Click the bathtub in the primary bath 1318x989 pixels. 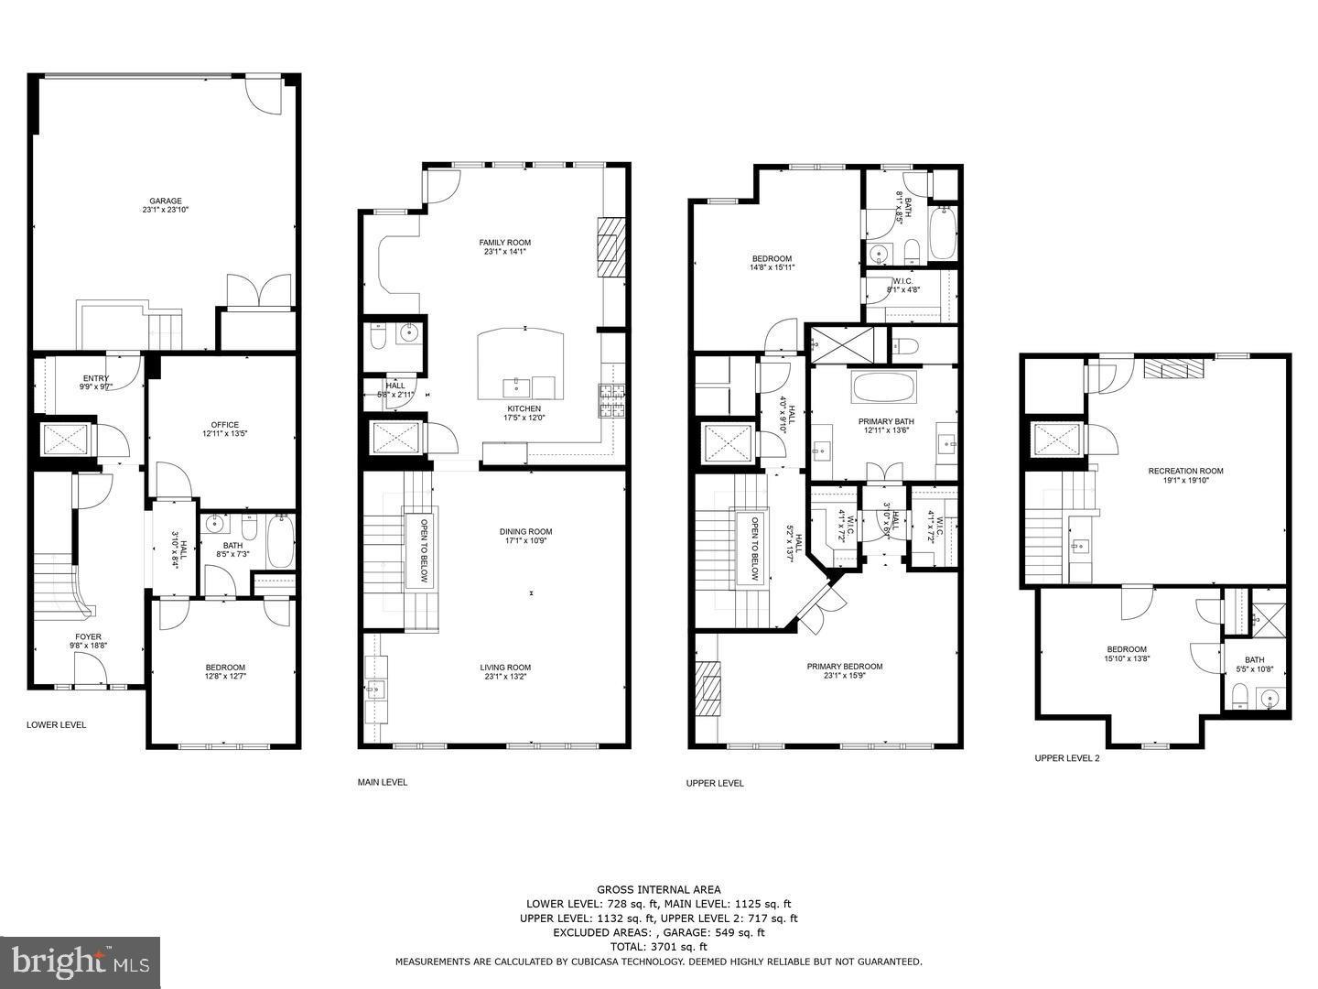point(883,387)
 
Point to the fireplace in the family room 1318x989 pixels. point(610,245)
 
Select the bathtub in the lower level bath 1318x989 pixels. point(280,541)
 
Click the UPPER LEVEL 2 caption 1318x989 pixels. point(1066,758)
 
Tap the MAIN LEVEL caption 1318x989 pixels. point(382,782)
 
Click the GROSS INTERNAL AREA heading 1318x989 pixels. point(658,889)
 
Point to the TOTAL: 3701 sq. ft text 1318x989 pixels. point(658,947)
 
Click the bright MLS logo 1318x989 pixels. point(80,962)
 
